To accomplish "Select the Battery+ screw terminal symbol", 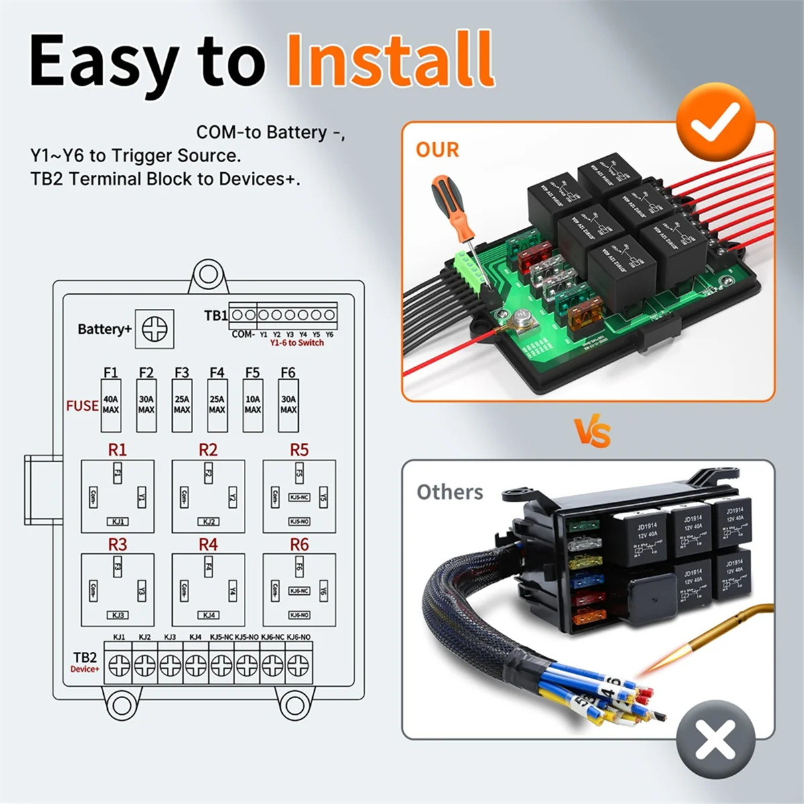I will pos(155,329).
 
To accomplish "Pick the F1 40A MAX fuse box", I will pos(111,405).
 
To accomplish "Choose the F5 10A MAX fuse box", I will pos(253,405).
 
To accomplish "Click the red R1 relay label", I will pos(117,450).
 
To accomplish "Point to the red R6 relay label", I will pos(299,545).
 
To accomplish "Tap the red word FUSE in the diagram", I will pos(82,406).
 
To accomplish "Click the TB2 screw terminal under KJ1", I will pos(119,665).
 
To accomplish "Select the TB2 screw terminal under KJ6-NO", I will pos(298,665).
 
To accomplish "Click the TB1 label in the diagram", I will pos(216,316).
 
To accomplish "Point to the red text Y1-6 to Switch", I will pos(297,343).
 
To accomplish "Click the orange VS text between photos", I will pos(593,432).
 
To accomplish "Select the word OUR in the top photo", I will pos(438,149).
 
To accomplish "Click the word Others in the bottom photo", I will pos(450,492).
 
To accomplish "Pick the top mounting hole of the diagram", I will pos(208,275).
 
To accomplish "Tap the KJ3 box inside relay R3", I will pos(118,615).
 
